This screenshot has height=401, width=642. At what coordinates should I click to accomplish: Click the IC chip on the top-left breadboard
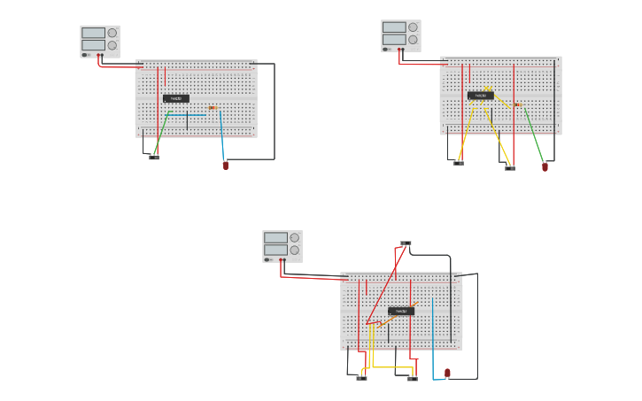tap(176, 98)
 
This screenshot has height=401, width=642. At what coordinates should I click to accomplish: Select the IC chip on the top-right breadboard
tap(481, 96)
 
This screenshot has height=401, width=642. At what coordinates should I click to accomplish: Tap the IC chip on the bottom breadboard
tap(401, 312)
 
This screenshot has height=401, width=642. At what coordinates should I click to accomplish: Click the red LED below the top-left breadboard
tap(225, 165)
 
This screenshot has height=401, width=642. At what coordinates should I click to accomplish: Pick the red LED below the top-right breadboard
tap(545, 166)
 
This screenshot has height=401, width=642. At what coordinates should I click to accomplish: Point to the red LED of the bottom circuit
tap(447, 373)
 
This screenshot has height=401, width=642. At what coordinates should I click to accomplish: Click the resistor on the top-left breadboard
tap(213, 108)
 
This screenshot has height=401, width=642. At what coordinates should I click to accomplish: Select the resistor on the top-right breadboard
tap(517, 104)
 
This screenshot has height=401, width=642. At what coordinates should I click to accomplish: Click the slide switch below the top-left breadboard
tap(154, 158)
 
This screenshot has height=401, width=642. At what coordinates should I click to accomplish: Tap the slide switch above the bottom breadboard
tap(406, 243)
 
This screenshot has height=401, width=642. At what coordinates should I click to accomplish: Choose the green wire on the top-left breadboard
tap(162, 133)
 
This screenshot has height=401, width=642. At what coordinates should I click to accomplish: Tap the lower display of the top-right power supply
tap(394, 40)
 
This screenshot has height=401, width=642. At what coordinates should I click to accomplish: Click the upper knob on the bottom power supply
tap(295, 237)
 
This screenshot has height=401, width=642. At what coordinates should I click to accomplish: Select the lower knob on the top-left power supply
tap(112, 45)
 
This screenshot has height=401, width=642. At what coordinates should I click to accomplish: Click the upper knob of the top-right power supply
tap(413, 27)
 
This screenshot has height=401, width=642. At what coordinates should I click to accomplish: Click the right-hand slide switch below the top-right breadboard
tap(510, 167)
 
